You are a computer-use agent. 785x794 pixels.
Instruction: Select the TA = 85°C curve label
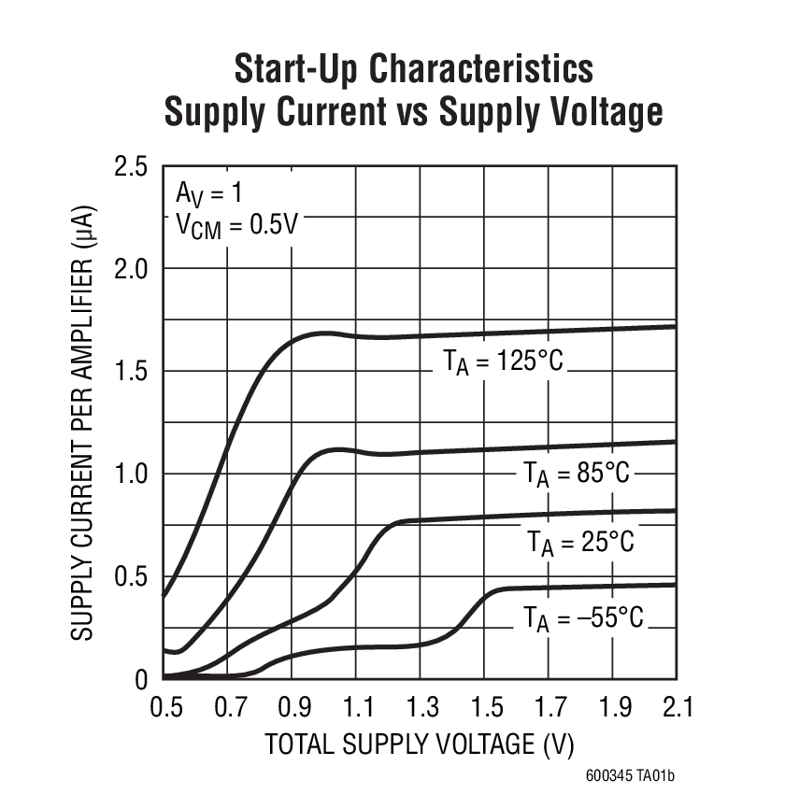577,474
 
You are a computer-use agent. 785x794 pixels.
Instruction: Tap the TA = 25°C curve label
579,542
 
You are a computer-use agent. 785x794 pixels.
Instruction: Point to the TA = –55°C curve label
583,617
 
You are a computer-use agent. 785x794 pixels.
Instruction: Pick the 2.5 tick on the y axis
131,168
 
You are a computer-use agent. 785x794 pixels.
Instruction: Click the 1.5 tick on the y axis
131,372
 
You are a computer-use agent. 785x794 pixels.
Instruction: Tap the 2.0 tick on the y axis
131,270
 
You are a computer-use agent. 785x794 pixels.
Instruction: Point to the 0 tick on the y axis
141,679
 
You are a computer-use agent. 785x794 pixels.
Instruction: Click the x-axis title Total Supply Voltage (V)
419,745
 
